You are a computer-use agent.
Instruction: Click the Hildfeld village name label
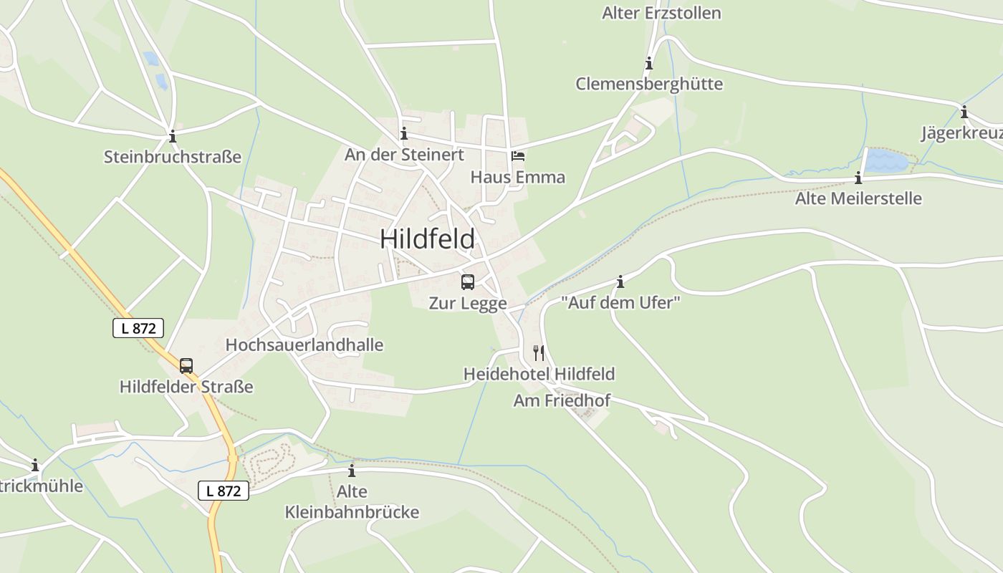pyautogui.click(x=427, y=239)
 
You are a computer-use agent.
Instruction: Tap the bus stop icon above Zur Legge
pyautogui.click(x=468, y=281)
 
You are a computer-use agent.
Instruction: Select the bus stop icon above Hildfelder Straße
pyautogui.click(x=186, y=365)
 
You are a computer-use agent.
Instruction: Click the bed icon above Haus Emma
pyautogui.click(x=517, y=155)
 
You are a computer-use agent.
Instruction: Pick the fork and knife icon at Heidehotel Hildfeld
pyautogui.click(x=539, y=352)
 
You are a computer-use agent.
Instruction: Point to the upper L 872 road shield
pyautogui.click(x=138, y=328)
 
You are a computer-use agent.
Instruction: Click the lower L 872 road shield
pyautogui.click(x=224, y=491)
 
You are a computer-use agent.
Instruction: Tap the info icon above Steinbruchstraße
pyautogui.click(x=172, y=136)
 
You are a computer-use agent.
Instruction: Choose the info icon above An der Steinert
pyautogui.click(x=404, y=133)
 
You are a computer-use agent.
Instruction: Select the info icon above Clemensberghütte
pyautogui.click(x=649, y=63)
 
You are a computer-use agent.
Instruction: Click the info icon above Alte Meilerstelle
pyautogui.click(x=858, y=178)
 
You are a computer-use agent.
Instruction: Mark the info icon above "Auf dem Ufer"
pyautogui.click(x=620, y=281)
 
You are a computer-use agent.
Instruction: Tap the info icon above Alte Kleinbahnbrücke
pyautogui.click(x=352, y=471)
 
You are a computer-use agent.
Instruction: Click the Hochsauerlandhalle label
pyautogui.click(x=304, y=345)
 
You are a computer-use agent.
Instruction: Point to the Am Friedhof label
pyautogui.click(x=562, y=400)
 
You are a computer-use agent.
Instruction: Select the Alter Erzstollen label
pyautogui.click(x=661, y=13)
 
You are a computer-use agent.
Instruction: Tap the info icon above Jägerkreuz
pyautogui.click(x=964, y=112)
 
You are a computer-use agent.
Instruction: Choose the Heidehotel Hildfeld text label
pyautogui.click(x=539, y=374)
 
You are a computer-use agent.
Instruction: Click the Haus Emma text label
pyautogui.click(x=517, y=177)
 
